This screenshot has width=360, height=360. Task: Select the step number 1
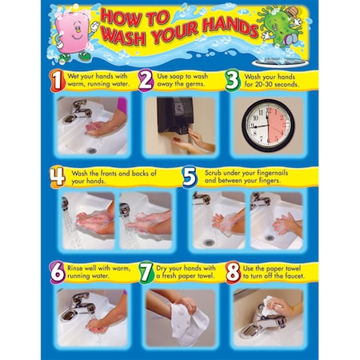tap(56, 80)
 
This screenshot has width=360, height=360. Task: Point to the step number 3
tap(231, 80)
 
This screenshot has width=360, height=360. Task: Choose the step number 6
tap(58, 271)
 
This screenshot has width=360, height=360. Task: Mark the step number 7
tap(145, 271)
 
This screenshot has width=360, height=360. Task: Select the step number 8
tap(232, 271)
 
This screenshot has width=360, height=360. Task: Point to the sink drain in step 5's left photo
tap(209, 241)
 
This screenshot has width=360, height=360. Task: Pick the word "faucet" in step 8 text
tap(289, 276)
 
